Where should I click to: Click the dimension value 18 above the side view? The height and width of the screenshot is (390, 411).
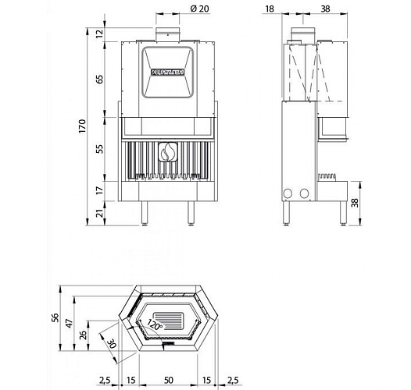(270, 9)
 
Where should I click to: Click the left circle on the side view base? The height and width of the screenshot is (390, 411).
(287, 193)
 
